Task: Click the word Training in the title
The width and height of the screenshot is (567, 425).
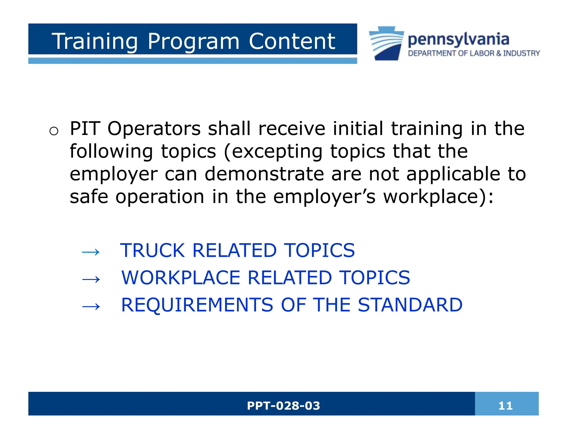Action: point(94,42)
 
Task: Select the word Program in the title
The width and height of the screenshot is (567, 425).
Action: point(193,42)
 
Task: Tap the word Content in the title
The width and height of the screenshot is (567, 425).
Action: point(292,42)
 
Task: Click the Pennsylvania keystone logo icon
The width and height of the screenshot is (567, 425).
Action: point(386,43)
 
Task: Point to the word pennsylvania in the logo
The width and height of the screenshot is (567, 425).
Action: point(458,39)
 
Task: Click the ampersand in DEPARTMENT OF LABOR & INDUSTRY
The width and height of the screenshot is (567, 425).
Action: point(499,53)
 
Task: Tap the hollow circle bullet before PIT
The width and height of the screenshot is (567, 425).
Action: point(54,131)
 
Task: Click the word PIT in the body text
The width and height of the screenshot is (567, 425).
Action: point(85,129)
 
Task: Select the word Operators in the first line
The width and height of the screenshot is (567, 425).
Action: point(154,129)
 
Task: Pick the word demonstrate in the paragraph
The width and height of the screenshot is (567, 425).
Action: point(264,174)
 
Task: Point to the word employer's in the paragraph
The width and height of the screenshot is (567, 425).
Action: point(324,197)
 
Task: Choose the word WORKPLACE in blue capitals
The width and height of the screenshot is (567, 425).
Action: point(181,278)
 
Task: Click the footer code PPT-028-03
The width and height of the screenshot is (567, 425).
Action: point(283,406)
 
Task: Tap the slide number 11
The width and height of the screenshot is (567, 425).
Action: point(505,406)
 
